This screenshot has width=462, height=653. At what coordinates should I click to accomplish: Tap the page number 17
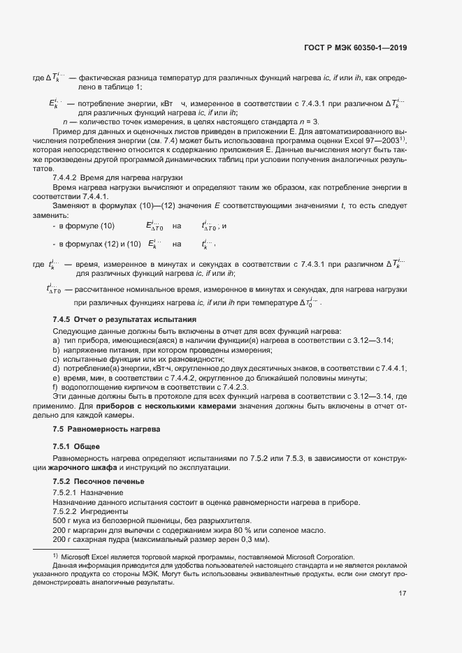403,594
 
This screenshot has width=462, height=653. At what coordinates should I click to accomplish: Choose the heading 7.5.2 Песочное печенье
99,482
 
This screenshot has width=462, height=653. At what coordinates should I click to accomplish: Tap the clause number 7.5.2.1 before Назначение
66,492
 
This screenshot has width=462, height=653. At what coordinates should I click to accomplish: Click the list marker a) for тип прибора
56,340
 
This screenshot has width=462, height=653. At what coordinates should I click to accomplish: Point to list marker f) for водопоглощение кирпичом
55,387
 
